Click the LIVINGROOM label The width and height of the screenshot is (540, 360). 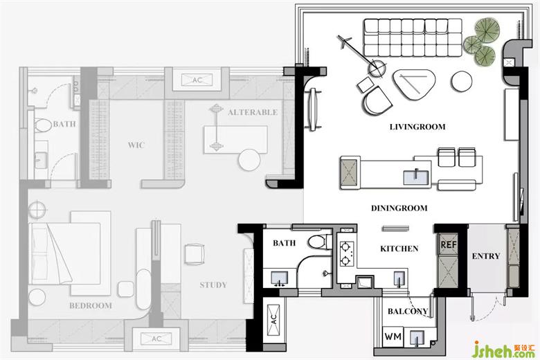tap(417, 127)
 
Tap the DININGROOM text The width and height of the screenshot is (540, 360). tap(399, 208)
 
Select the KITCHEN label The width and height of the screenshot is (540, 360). tap(399, 249)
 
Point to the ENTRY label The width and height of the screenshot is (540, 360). tap(485, 256)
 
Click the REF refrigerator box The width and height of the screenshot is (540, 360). tap(449, 244)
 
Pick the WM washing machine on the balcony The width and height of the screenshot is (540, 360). tap(393, 336)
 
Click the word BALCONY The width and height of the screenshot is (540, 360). tap(408, 312)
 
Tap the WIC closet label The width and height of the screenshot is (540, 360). tap(136, 145)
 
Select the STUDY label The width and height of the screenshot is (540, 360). tap(213, 285)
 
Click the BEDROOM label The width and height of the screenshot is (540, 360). tap(91, 305)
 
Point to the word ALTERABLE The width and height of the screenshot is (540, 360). tap(253, 112)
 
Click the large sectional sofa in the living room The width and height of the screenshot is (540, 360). tap(413, 38)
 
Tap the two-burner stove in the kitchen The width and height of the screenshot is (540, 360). tap(345, 253)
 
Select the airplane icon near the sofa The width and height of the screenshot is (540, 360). tap(344, 42)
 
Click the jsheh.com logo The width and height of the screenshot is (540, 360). tap(503, 350)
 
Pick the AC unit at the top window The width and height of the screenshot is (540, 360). tap(197, 80)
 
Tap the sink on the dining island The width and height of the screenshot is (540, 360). tap(416, 177)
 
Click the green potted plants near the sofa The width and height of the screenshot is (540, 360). tap(482, 42)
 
